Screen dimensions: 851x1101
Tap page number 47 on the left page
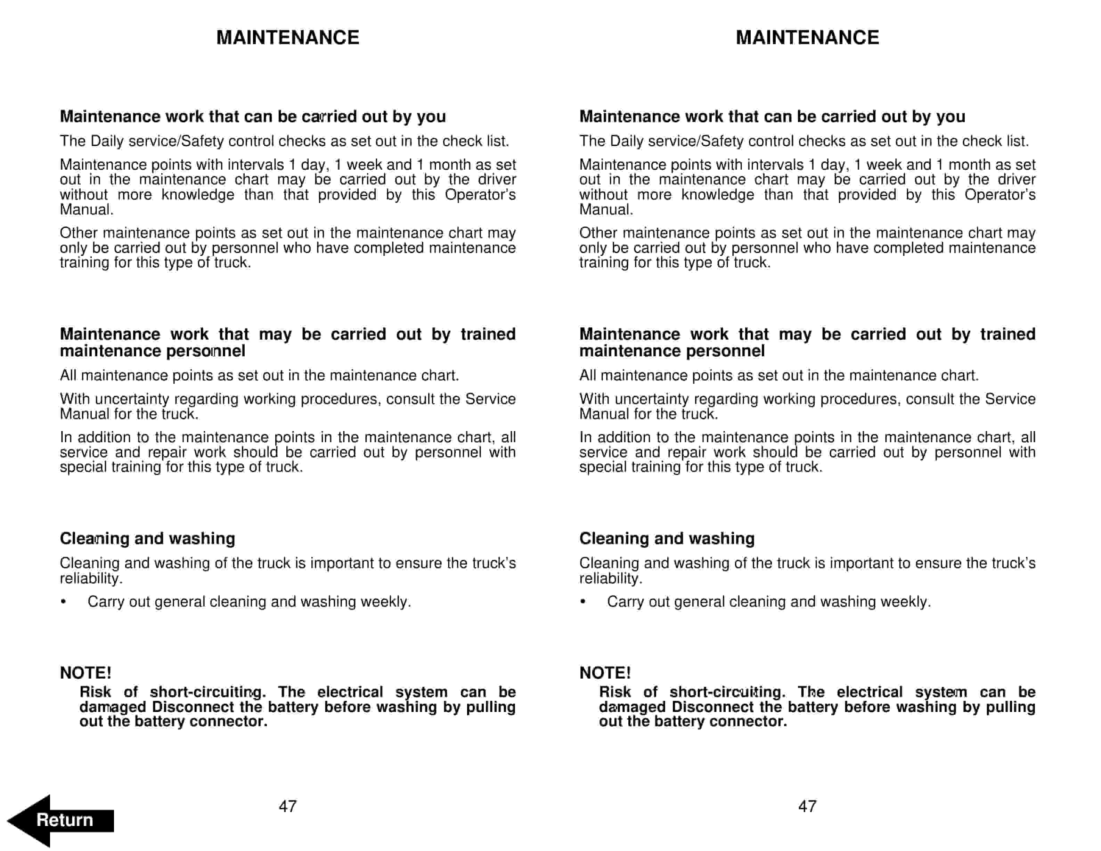tap(287, 806)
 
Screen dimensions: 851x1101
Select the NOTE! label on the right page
tap(605, 673)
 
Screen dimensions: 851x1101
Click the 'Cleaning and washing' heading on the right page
tap(667, 538)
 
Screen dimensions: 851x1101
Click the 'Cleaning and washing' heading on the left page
tap(147, 538)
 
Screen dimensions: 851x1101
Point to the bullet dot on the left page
tap(63, 601)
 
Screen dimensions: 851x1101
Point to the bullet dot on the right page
tap(583, 601)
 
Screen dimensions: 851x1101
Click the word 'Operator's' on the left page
tap(480, 195)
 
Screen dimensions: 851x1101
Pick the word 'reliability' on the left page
tap(91, 578)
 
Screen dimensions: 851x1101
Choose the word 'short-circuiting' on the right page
tap(727, 692)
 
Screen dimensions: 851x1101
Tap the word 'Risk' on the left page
tap(95, 692)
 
